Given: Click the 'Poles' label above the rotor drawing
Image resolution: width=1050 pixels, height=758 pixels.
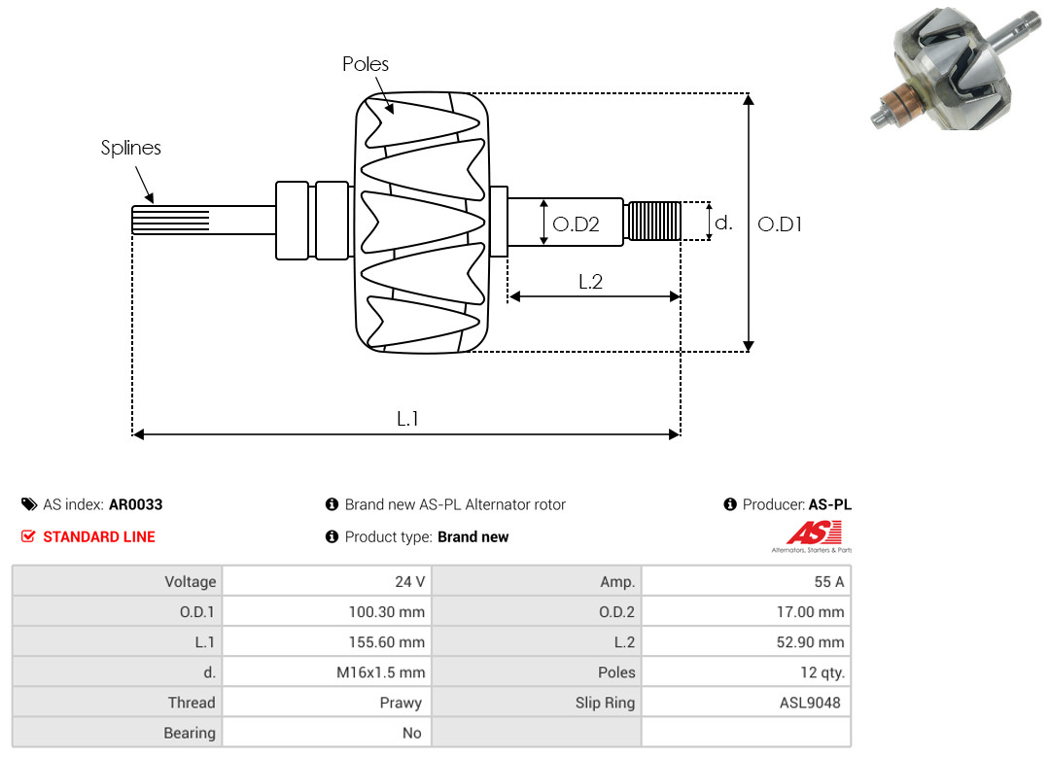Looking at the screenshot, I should tap(366, 64).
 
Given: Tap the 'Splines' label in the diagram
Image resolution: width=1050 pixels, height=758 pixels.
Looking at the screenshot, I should tap(131, 148).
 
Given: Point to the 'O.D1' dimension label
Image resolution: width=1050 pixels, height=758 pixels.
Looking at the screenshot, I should tap(780, 224).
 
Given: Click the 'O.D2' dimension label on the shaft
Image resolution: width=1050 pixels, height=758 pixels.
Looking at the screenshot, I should tap(576, 224).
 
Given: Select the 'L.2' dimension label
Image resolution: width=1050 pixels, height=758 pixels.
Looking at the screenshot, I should tap(591, 282).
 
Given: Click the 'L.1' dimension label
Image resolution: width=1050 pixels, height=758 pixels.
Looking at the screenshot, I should tap(407, 419).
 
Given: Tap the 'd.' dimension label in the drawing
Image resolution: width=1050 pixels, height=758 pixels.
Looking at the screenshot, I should tap(722, 223).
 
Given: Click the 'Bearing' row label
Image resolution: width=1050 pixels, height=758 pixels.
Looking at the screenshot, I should tap(190, 733).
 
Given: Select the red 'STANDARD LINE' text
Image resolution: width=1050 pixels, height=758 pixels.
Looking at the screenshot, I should tap(98, 536).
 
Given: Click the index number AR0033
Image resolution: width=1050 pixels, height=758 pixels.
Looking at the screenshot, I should tap(136, 504).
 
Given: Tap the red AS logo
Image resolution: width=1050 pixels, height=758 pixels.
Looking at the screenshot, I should tap(813, 533).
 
